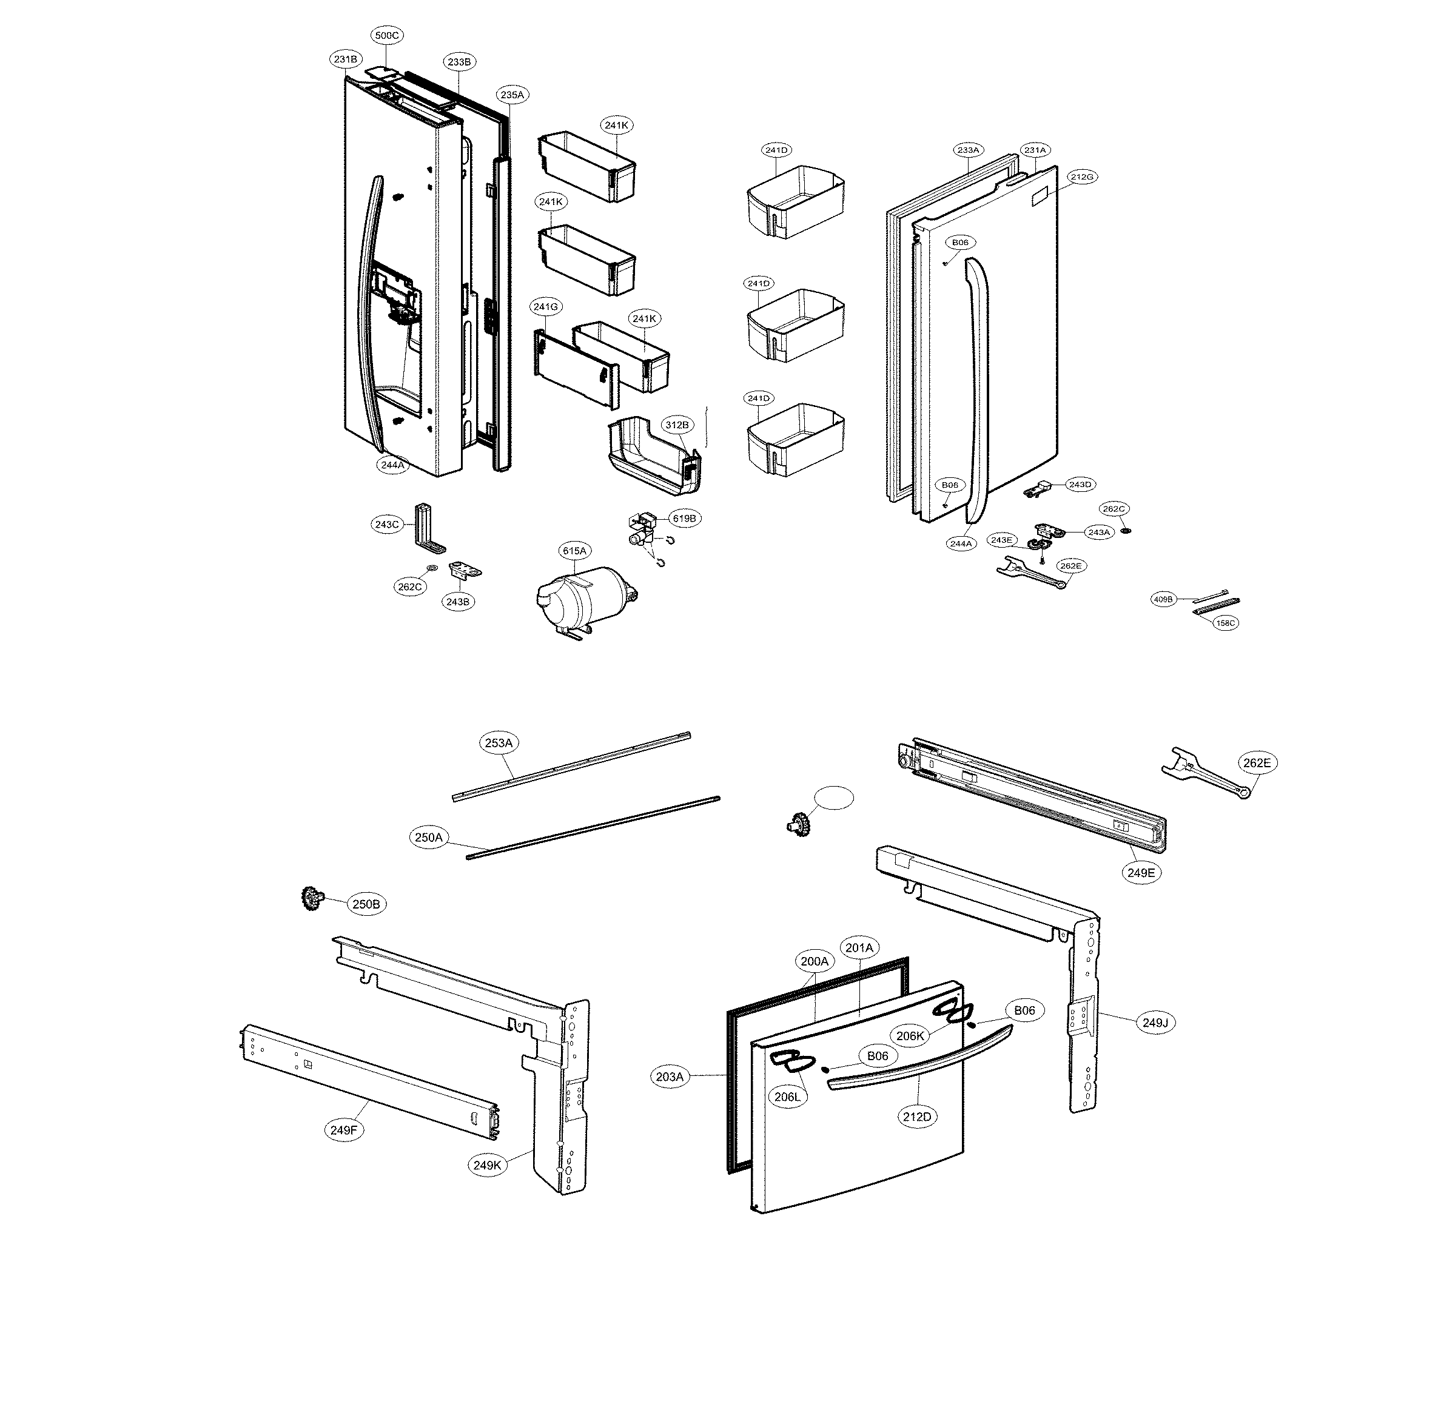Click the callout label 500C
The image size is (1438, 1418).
[x=386, y=35]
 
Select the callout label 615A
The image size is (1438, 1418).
[x=574, y=551]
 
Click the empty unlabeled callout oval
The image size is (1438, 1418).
[x=833, y=798]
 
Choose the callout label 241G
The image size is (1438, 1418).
[x=546, y=307]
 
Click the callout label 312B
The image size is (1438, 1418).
[x=677, y=425]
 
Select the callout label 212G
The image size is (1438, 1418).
[x=1082, y=176]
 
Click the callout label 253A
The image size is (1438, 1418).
[x=499, y=743]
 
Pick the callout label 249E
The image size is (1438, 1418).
[x=1141, y=872]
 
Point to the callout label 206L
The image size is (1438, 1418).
[x=788, y=1097]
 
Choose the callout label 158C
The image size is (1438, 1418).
[x=1225, y=623]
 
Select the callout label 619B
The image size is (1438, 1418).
[x=684, y=518]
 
